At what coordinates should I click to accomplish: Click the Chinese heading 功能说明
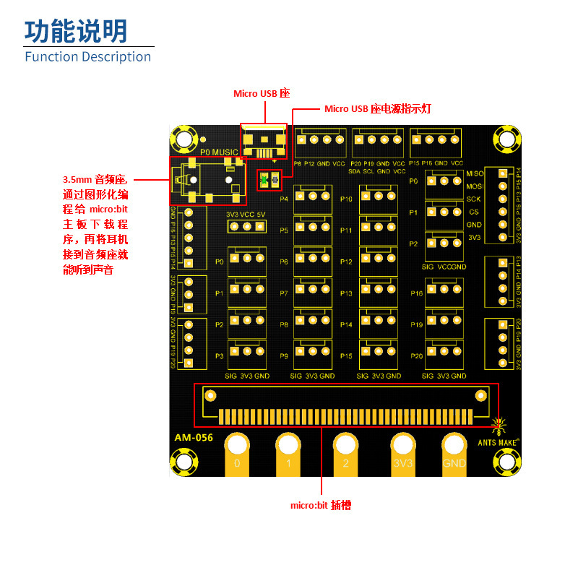pyautogui.click(x=76, y=30)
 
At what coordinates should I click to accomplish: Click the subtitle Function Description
pyautogui.click(x=88, y=56)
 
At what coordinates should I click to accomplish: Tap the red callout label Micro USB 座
pyautogui.click(x=261, y=93)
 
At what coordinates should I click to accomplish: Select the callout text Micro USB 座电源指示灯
pyautogui.click(x=378, y=109)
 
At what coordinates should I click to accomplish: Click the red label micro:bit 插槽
pyautogui.click(x=321, y=506)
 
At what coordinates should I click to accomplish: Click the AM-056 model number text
pyautogui.click(x=194, y=437)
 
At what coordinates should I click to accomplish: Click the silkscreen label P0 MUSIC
pyautogui.click(x=219, y=152)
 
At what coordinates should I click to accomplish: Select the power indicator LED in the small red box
pyautogui.click(x=269, y=179)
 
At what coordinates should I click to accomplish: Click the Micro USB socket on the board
pyautogui.click(x=263, y=142)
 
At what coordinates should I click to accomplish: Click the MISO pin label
pyautogui.click(x=475, y=173)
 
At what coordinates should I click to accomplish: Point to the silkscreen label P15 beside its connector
pyautogui.click(x=346, y=356)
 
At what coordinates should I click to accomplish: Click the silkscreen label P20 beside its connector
pyautogui.click(x=416, y=356)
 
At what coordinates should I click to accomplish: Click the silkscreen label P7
pyautogui.click(x=284, y=293)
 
